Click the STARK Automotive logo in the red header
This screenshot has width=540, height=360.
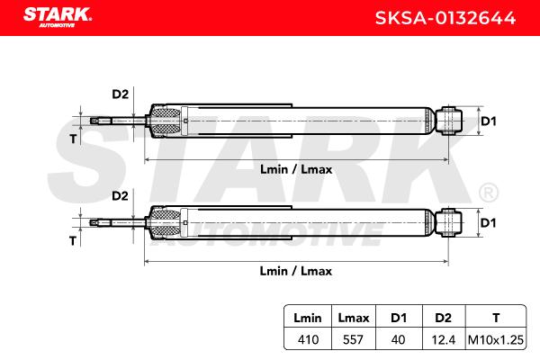coord(58,18)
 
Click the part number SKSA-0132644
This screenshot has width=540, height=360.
coord(445,18)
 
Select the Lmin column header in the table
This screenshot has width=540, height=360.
coord(308,318)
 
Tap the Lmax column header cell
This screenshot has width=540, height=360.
coord(354,318)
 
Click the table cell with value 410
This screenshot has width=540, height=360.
coord(308,339)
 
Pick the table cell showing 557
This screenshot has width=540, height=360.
coord(353,339)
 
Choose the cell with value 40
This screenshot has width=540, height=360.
coord(398,339)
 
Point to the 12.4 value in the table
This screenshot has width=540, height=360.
coord(444,340)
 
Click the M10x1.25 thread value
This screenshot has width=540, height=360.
coord(496,340)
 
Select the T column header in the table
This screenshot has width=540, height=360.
coord(496,318)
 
